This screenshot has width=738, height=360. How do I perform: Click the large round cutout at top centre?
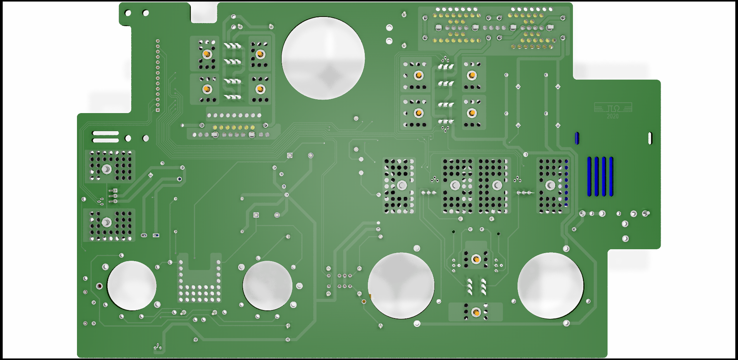pyautogui.click(x=323, y=58)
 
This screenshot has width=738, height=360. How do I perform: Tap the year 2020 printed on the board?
pyautogui.click(x=613, y=116)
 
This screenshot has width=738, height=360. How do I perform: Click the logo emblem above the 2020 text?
pyautogui.click(x=613, y=108)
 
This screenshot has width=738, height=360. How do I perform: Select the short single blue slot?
pyautogui.click(x=577, y=138)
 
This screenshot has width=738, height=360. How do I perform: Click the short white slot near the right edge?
pyautogui.click(x=650, y=138)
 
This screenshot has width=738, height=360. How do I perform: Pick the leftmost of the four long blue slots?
pyautogui.click(x=589, y=176)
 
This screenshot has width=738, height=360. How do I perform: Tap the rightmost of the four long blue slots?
pyautogui.click(x=611, y=176)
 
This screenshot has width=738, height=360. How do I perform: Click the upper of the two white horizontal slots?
pyautogui.click(x=105, y=133)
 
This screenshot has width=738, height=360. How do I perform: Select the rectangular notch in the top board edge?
pyautogui.click(x=204, y=12)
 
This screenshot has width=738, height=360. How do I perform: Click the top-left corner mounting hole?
pyautogui.click(x=128, y=13)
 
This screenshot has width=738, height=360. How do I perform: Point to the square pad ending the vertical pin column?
pyautogui.click(x=158, y=110)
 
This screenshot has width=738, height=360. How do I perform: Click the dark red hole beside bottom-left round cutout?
pyautogui.click(x=99, y=286)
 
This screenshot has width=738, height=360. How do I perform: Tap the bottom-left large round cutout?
pyautogui.click(x=132, y=286)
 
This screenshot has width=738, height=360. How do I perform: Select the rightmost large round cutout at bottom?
pyautogui.click(x=550, y=285)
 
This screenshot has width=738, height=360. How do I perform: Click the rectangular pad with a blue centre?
pyautogui.click(x=156, y=235)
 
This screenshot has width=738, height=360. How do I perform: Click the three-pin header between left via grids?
pyautogui.click(x=113, y=195)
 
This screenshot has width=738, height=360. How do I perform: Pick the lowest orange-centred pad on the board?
pyautogui.click(x=476, y=312)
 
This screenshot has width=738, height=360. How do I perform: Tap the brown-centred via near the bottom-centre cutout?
pyautogui.click(x=364, y=302)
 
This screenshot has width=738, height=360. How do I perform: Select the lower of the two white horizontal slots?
pyautogui.click(x=105, y=140)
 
